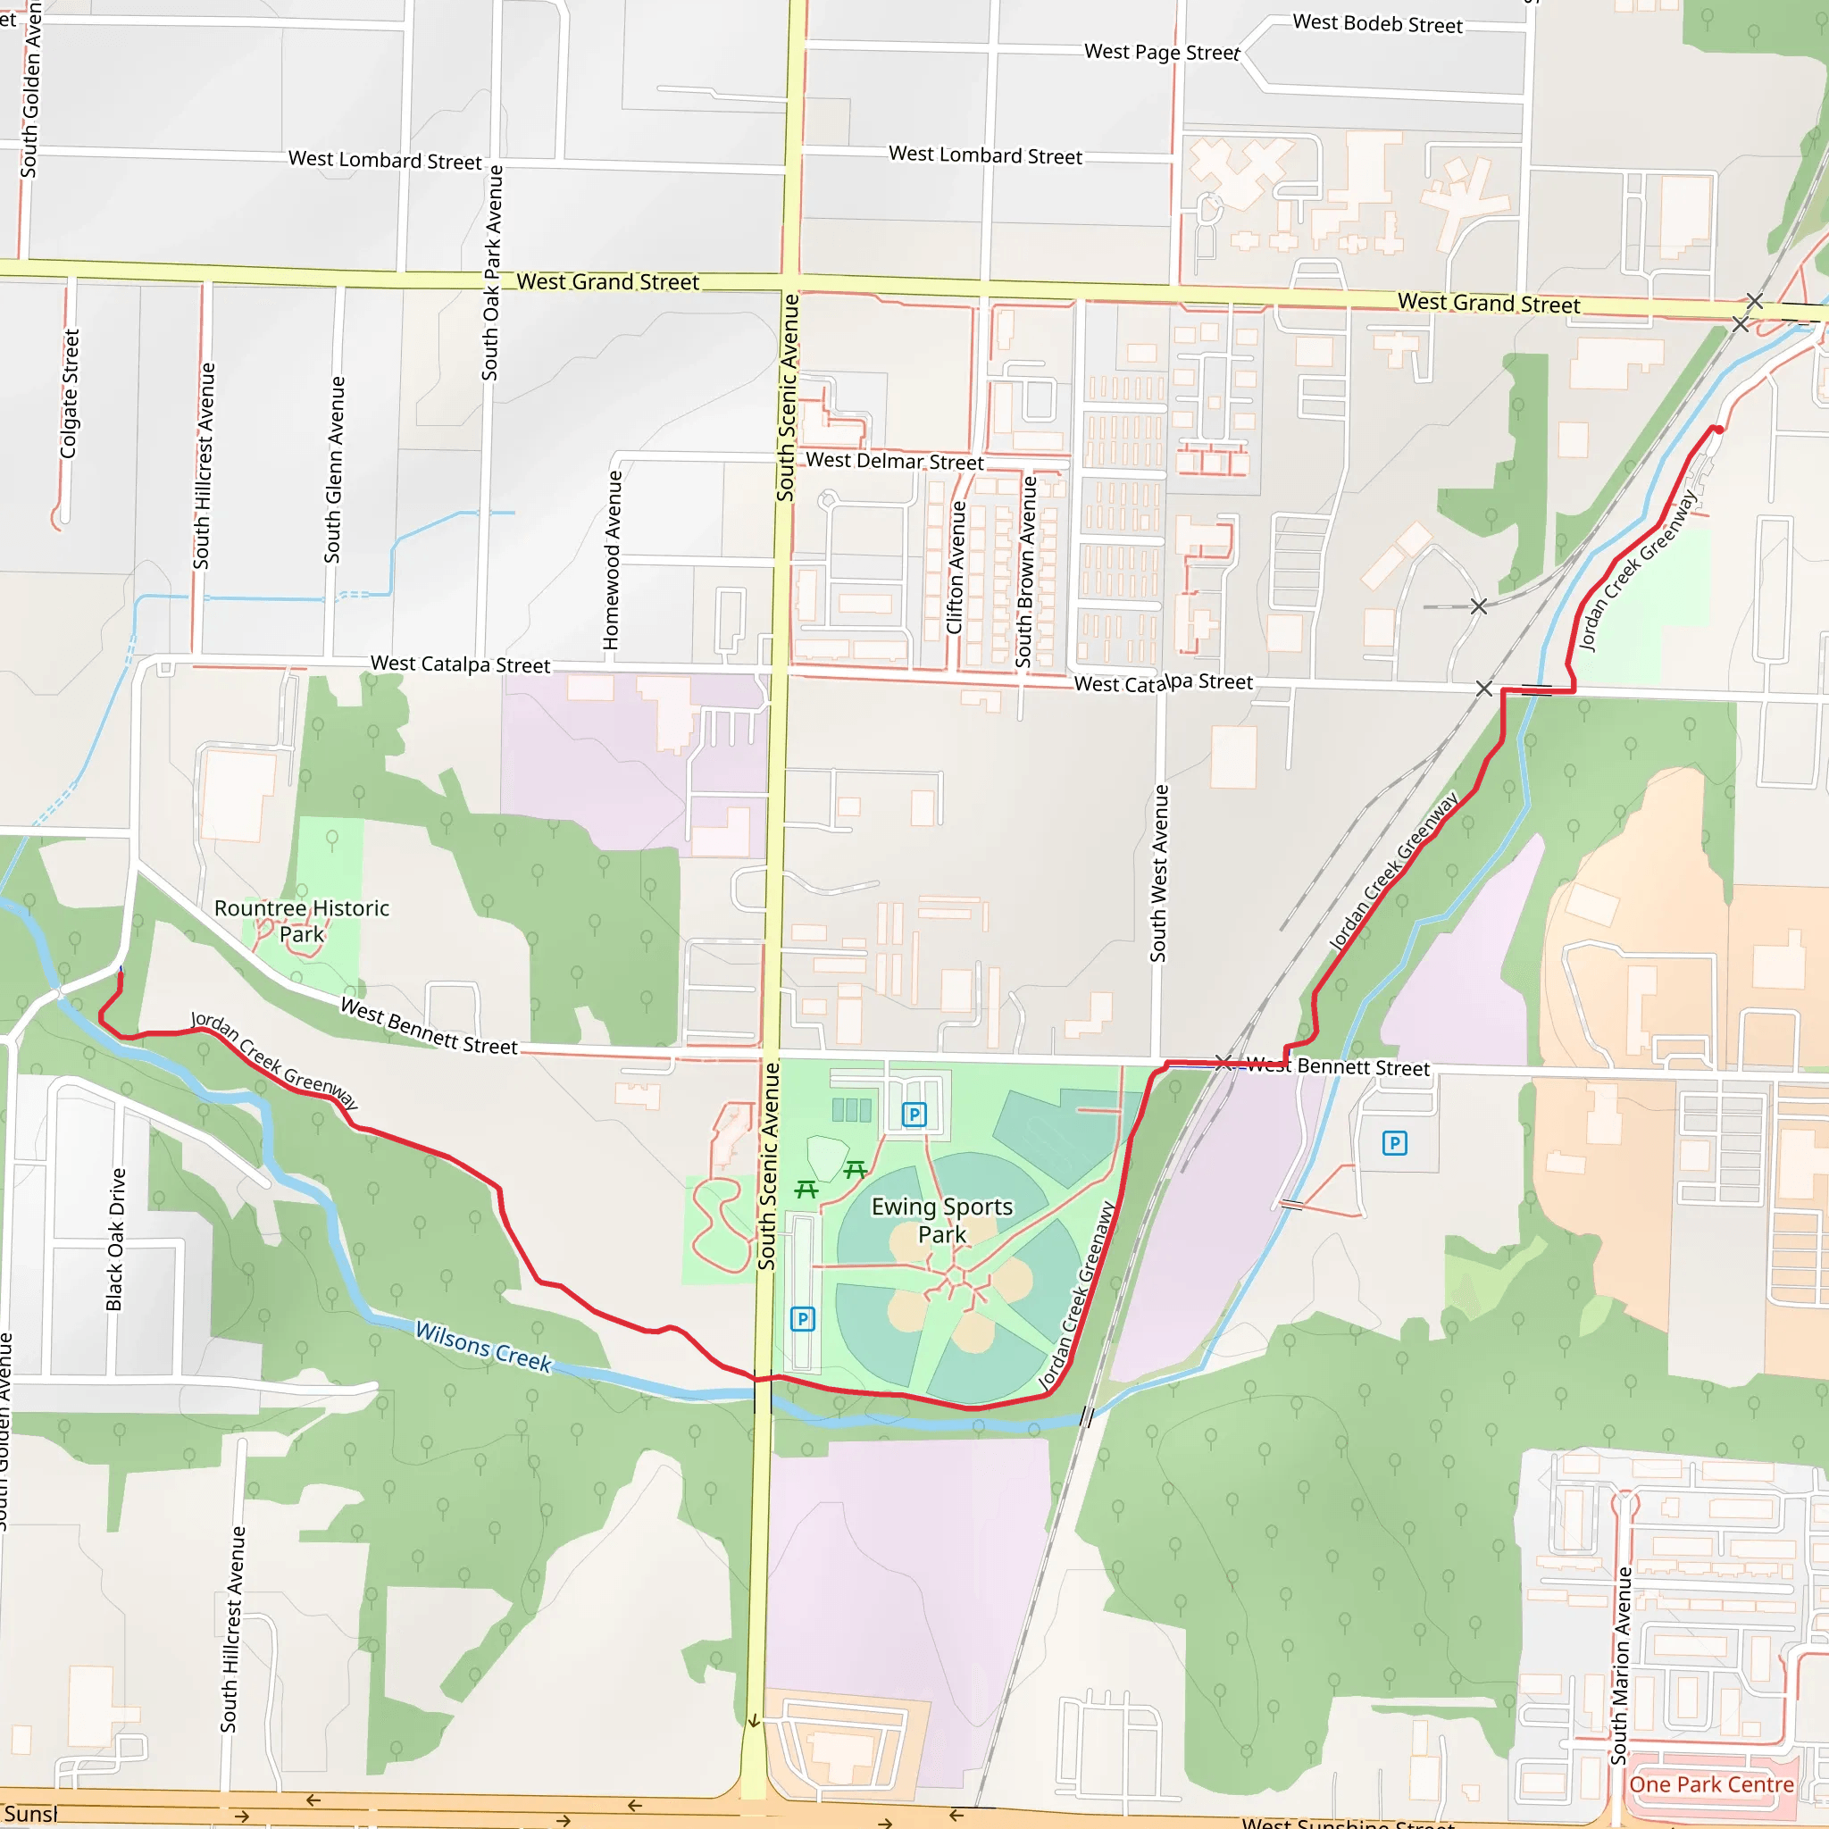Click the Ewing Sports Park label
tap(942, 1220)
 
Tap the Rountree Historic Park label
tap(301, 921)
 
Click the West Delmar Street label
tap(895, 461)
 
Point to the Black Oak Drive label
tap(115, 1240)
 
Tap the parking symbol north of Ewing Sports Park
tap(914, 1115)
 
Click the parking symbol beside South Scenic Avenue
tap(803, 1319)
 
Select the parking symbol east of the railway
tap(1393, 1144)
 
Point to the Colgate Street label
tap(69, 394)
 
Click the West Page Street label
tap(1162, 52)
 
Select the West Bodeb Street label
tap(1377, 24)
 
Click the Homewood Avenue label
tap(613, 561)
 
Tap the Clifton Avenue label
tap(956, 567)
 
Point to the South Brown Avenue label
tap(1025, 572)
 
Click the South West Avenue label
tap(1158, 873)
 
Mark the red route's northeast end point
tap(1717, 429)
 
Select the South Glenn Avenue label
tap(334, 470)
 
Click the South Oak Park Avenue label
tap(491, 272)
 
